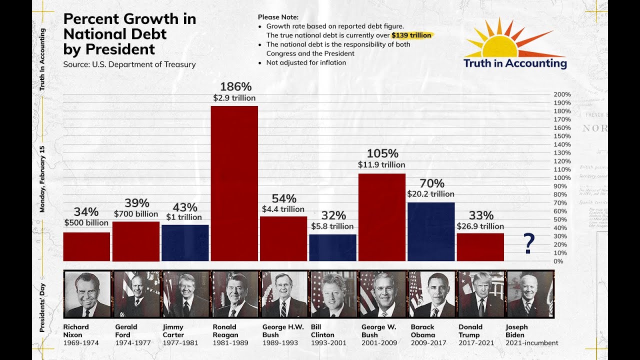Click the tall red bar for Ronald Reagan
pos(234,183)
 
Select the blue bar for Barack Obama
pos(431,231)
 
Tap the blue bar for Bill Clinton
pos(332,247)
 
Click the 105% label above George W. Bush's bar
pos(382,153)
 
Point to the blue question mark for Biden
pos(529,243)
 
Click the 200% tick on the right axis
pos(562,94)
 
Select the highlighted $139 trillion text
pos(411,35)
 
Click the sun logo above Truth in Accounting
pos(505,40)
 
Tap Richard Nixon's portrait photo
pos(87,295)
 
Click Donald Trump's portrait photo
pos(480,295)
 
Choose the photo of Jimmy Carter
pos(185,295)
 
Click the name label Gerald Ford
pos(126,331)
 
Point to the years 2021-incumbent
pos(531,343)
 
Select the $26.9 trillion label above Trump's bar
pos(480,226)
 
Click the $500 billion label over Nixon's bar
pos(86,223)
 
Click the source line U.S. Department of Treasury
pos(129,64)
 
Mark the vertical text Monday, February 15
pos(42,179)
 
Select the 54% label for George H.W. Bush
pos(283,198)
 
